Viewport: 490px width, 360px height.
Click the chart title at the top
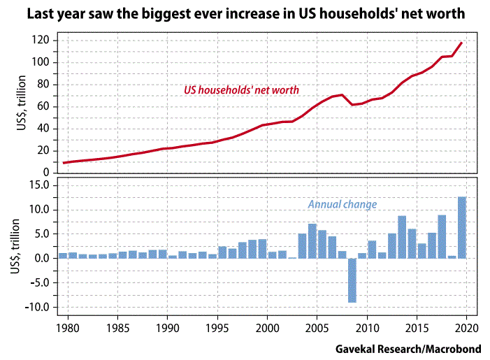[245, 13]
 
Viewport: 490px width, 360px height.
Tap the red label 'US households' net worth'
[241, 89]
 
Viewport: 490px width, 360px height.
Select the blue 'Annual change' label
[343, 205]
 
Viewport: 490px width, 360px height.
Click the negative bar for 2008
[352, 280]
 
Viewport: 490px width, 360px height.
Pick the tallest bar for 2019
[462, 227]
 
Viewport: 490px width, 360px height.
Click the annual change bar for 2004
[312, 241]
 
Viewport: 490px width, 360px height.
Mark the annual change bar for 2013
[402, 237]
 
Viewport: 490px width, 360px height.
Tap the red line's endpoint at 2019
[461, 43]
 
